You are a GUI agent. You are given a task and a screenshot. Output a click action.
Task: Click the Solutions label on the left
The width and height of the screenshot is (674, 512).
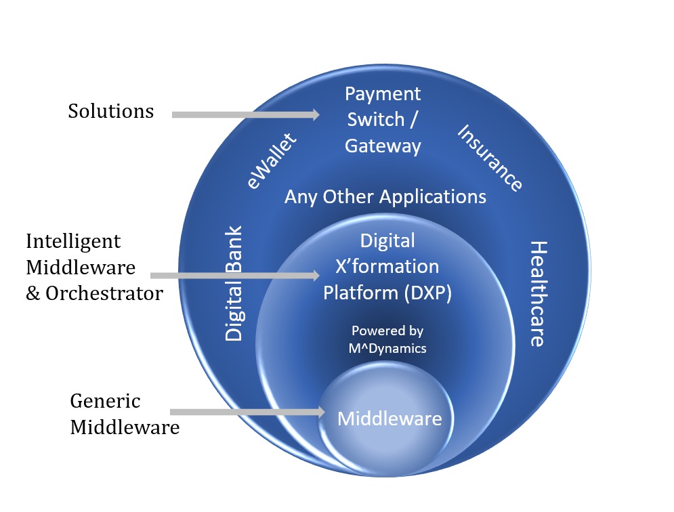110,111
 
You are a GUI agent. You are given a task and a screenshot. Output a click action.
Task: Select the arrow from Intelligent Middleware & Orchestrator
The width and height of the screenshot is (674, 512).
234,276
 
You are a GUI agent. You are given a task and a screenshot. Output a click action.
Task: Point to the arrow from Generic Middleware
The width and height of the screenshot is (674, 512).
245,412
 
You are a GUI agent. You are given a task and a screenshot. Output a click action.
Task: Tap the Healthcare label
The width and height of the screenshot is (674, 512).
537,293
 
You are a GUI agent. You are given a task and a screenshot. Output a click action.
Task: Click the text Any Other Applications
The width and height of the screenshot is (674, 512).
385,197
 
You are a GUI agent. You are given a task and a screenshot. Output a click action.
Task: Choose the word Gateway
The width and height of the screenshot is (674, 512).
383,146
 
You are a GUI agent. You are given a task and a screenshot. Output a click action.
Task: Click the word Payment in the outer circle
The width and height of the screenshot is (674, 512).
383,93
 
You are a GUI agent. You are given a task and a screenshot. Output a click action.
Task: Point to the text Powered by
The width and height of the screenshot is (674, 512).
387,331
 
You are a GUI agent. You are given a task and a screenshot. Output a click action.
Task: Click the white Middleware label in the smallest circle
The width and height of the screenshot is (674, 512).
389,419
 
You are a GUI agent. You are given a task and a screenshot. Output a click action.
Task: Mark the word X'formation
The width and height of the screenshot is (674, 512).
387,267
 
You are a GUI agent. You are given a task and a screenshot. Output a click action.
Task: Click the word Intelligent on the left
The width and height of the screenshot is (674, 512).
73,241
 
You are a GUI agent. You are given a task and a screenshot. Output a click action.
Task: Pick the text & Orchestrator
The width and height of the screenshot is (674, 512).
94,293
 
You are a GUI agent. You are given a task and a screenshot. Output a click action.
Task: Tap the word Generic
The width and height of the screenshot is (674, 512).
105,401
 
